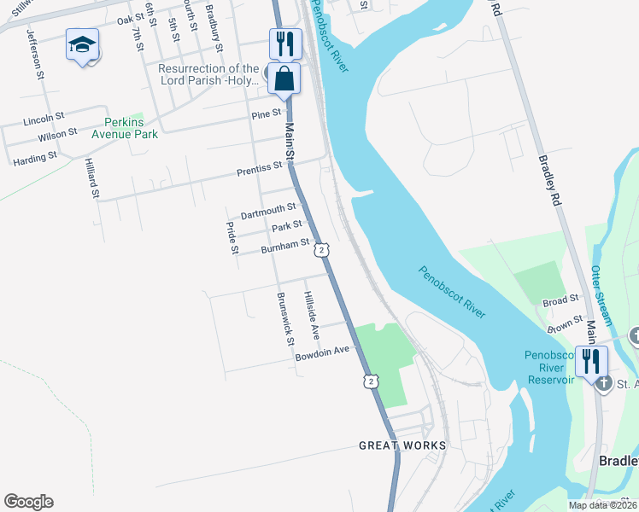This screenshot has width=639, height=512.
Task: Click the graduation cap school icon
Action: pyautogui.click(x=83, y=44)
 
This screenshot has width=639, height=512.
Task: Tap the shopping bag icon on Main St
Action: pyautogui.click(x=284, y=79)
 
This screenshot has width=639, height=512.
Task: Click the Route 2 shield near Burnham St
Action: pyautogui.click(x=320, y=249)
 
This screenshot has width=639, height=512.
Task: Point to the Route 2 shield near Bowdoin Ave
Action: pyautogui.click(x=370, y=381)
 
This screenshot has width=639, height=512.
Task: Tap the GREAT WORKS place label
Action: pyautogui.click(x=402, y=445)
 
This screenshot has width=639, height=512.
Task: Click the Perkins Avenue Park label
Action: pyautogui.click(x=126, y=128)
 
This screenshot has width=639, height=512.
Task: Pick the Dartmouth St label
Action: pyautogui.click(x=267, y=208)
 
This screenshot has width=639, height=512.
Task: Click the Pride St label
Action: pyautogui.click(x=232, y=237)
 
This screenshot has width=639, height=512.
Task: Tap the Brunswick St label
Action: pyautogui.click(x=284, y=319)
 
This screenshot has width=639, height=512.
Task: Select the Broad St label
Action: pyautogui.click(x=560, y=300)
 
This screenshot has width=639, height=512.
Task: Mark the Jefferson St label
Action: pyautogui.click(x=36, y=54)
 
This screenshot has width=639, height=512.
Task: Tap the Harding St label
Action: pyautogui.click(x=34, y=157)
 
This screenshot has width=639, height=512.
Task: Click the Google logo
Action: pyautogui.click(x=28, y=502)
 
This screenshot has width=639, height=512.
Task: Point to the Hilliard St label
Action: pyautogui.click(x=91, y=177)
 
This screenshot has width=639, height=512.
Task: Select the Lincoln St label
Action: pyautogui.click(x=44, y=117)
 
